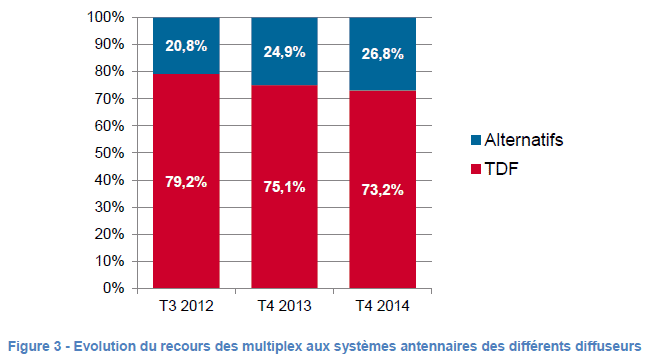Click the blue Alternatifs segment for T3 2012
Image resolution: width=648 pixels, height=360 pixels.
point(186,45)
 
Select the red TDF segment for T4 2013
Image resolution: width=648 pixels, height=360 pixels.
point(284,187)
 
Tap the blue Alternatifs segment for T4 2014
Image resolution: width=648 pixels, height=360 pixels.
point(383,54)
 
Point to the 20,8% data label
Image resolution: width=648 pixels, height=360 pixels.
point(186,46)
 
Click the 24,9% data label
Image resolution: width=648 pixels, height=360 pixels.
point(284,52)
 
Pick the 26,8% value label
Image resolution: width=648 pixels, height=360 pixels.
point(383,54)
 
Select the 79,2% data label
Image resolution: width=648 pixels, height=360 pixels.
point(186,182)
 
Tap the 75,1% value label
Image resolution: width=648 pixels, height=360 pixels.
point(284,187)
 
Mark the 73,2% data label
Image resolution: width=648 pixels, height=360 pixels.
point(383,190)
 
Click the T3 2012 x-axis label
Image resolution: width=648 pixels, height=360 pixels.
point(186,306)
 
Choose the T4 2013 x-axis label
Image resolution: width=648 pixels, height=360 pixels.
point(284,306)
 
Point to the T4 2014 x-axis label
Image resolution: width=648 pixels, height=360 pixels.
point(383,306)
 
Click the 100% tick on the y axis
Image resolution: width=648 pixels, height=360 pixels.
point(105,17)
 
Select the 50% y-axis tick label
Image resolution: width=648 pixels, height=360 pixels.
point(110,153)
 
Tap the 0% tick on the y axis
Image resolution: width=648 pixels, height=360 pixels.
point(114,288)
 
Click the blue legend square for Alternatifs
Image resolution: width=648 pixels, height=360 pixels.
point(476,140)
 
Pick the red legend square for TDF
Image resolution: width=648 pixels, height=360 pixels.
point(476,169)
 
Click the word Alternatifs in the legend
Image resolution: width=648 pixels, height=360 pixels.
point(524,140)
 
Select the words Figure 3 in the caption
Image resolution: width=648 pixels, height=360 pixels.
point(35,346)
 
